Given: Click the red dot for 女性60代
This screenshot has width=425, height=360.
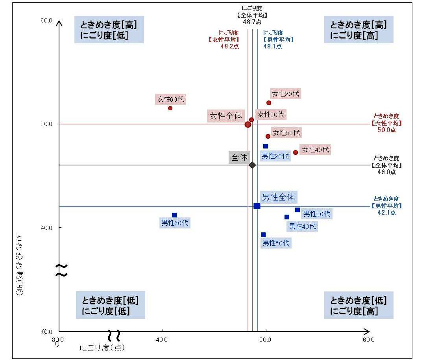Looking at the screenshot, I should [x=170, y=108].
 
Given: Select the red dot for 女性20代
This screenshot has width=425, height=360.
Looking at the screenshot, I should [x=269, y=103].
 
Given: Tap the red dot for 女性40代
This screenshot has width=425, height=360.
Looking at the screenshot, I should [x=296, y=152].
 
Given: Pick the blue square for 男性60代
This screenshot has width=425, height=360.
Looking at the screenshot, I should [x=174, y=215].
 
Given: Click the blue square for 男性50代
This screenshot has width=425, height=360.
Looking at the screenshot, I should [x=263, y=235].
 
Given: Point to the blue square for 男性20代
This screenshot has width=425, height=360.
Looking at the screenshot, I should [x=266, y=146].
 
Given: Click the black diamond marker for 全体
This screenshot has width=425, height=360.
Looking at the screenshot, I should [x=252, y=165].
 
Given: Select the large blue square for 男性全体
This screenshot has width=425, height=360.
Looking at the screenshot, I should [x=257, y=206].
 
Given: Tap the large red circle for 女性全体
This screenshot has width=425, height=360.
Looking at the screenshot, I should [x=248, y=124].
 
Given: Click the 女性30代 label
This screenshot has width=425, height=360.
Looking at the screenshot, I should [x=270, y=115].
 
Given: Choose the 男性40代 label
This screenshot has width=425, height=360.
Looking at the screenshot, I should [x=302, y=226].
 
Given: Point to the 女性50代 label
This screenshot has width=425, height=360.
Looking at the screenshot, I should [x=286, y=133].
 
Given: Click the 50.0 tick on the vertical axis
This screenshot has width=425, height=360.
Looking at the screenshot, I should [x=46, y=124].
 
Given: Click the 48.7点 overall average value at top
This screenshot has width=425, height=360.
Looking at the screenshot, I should [x=252, y=22].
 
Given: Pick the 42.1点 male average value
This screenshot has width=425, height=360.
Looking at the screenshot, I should [x=386, y=213].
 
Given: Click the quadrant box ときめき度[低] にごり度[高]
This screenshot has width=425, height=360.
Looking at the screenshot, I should [x=358, y=305].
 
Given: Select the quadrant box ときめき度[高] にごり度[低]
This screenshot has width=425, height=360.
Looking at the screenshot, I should [x=109, y=30].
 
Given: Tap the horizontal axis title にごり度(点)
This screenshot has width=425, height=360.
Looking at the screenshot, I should [x=102, y=348].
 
